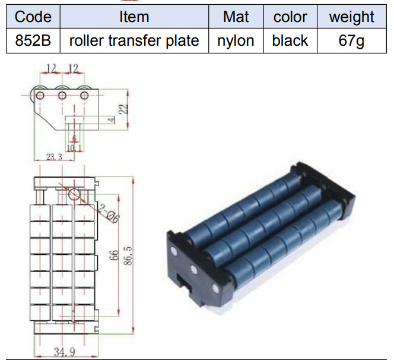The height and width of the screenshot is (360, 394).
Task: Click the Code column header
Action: point(33,17)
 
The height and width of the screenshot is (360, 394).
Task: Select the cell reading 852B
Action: point(33,40)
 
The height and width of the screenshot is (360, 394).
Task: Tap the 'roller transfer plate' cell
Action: point(134,40)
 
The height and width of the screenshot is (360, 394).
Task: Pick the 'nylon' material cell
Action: point(236,40)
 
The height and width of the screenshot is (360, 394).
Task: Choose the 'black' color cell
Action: point(290,40)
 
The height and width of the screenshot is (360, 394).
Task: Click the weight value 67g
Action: point(351,40)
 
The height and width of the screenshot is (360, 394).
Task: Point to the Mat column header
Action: point(236,17)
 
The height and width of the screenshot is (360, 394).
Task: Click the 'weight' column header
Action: point(351,17)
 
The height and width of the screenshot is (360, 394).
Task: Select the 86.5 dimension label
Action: point(128,255)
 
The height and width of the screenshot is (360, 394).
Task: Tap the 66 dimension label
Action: point(114,255)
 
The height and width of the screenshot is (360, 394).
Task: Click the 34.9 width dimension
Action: point(65,352)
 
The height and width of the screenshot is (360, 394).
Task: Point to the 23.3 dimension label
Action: point(54,157)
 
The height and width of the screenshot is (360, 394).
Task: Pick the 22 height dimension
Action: point(123,109)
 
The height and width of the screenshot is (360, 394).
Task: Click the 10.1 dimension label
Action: point(74,148)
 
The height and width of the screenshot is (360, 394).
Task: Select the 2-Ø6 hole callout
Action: point(109,213)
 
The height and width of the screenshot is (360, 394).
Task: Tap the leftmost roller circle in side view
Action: point(40,96)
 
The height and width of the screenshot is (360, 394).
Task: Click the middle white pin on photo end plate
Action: point(193,270)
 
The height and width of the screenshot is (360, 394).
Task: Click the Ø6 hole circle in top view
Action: point(74,194)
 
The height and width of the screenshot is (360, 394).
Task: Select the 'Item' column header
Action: point(134,17)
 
